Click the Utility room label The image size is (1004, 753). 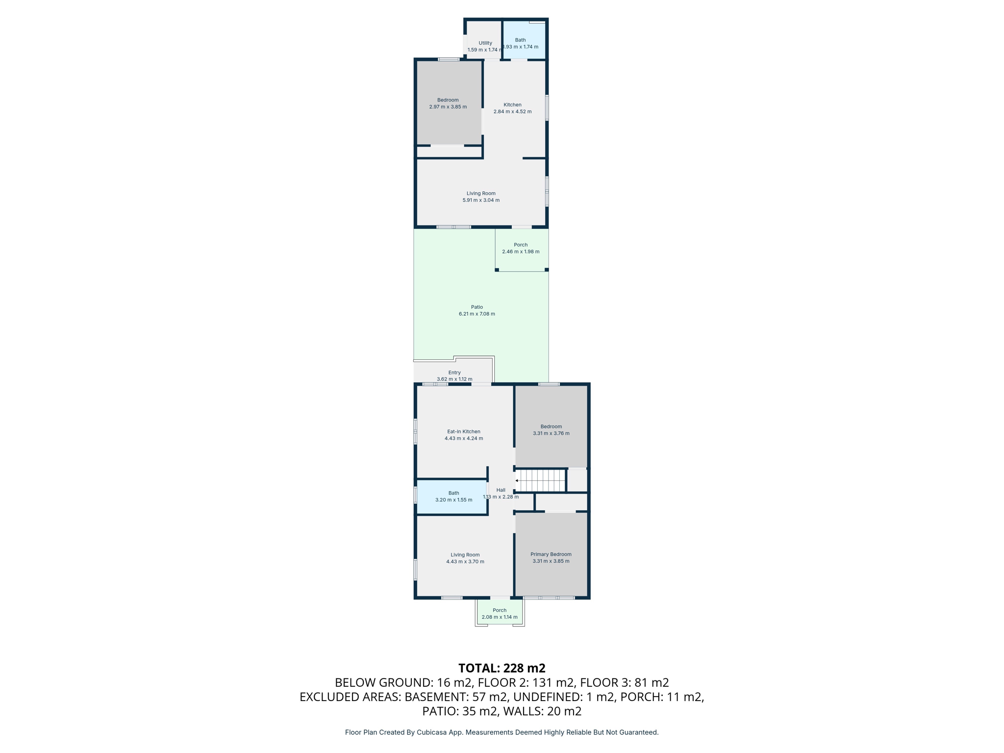pyautogui.click(x=485, y=43)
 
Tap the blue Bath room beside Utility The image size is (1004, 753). pyautogui.click(x=524, y=40)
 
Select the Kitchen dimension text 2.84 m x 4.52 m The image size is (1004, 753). pyautogui.click(x=512, y=112)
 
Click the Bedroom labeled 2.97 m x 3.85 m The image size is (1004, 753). pyautogui.click(x=448, y=103)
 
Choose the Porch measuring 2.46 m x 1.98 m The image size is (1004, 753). pyautogui.click(x=521, y=248)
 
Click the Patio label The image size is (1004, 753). pyautogui.click(x=477, y=307)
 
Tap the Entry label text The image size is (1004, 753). pyautogui.click(x=454, y=373)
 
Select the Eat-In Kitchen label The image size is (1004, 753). pyautogui.click(x=464, y=432)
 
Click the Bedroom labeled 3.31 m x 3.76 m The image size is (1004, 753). pyautogui.click(x=551, y=430)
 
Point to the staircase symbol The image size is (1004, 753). pyautogui.click(x=542, y=480)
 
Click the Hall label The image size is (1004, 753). pyautogui.click(x=501, y=490)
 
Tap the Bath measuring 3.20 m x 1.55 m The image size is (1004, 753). pyautogui.click(x=453, y=497)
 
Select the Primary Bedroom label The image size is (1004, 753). pyautogui.click(x=551, y=554)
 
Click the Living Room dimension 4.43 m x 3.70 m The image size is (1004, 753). pyautogui.click(x=465, y=562)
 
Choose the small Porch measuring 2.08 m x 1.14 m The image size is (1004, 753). pyautogui.click(x=500, y=614)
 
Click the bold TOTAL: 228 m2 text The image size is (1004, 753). pyautogui.click(x=502, y=668)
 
